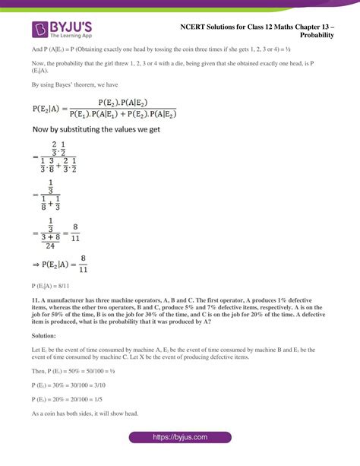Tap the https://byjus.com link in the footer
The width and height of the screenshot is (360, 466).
click(179, 439)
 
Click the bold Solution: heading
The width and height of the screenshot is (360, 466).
click(45, 334)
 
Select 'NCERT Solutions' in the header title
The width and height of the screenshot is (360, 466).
click(206, 26)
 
